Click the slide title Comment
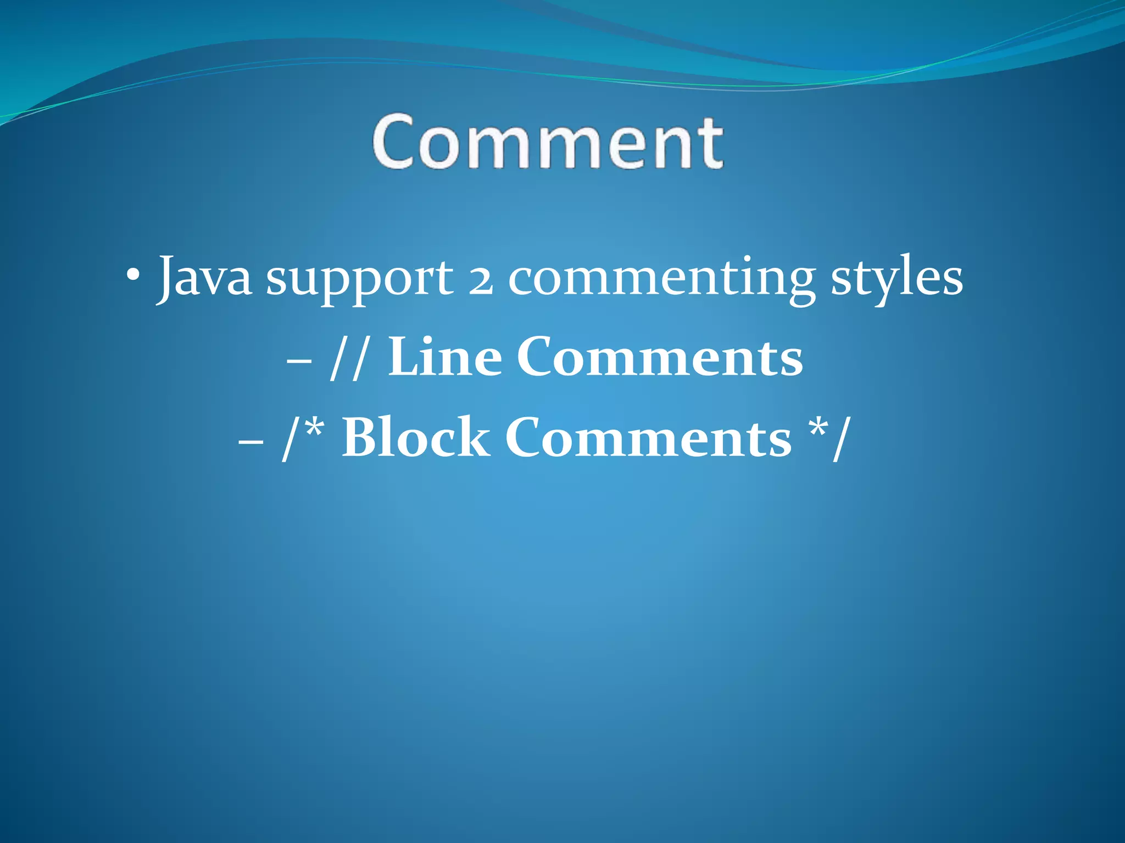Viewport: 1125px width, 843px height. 548,142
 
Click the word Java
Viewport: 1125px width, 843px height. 204,277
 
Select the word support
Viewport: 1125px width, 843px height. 360,280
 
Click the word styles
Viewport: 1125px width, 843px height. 896,280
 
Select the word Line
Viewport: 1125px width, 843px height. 444,358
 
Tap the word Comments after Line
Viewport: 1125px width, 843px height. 659,358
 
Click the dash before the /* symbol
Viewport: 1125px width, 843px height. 251,442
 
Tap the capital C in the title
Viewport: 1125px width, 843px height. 393,142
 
